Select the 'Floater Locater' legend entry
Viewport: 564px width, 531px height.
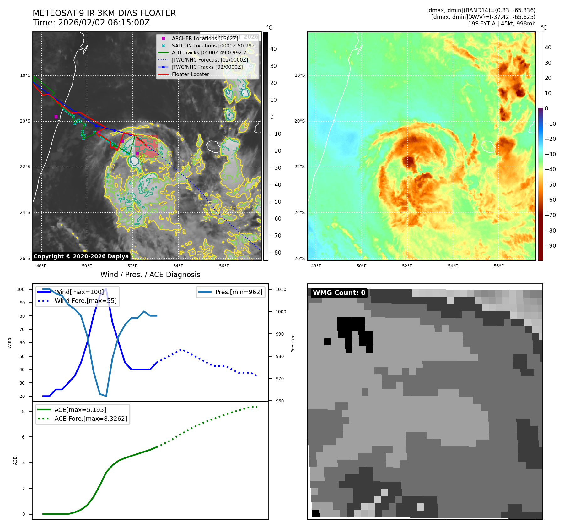coord(190,74)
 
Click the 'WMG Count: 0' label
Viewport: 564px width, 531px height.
coord(339,293)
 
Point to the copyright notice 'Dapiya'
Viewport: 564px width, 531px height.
coord(81,256)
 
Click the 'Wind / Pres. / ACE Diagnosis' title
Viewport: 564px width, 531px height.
coord(150,275)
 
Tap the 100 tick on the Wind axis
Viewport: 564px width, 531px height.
coord(21,289)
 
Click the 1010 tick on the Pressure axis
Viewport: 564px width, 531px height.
coord(281,289)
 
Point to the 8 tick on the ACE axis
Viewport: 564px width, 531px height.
coord(23,411)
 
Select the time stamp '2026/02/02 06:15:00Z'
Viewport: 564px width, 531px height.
coord(104,23)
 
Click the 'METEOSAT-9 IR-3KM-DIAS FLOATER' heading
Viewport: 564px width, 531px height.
coord(104,13)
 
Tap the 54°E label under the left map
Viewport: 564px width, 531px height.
coord(178,266)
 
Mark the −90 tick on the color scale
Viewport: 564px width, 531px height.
coord(550,246)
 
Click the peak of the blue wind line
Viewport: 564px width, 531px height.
coord(106,289)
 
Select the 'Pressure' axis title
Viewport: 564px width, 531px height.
coord(293,343)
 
